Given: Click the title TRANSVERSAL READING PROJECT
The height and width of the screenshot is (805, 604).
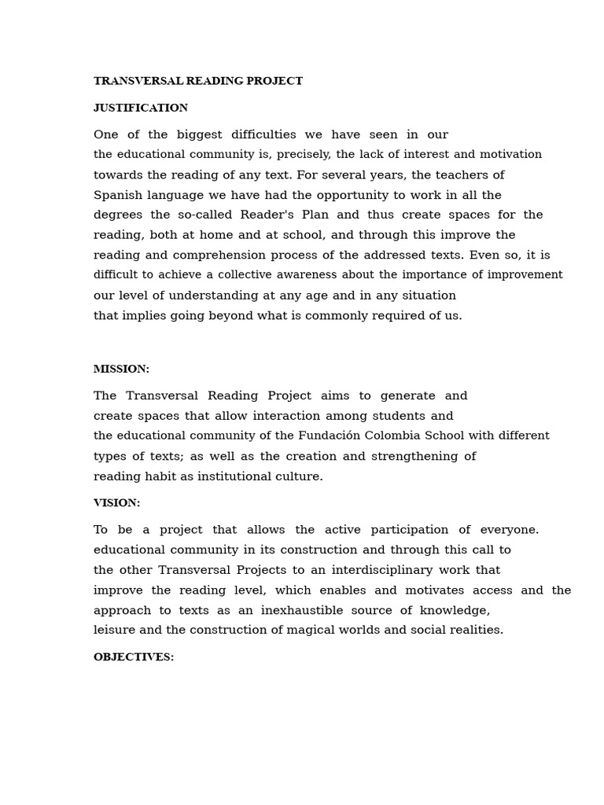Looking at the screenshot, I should pos(198,81).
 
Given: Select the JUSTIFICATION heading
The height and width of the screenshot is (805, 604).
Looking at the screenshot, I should pos(141,108).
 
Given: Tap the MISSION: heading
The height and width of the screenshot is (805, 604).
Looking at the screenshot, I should pos(121,369).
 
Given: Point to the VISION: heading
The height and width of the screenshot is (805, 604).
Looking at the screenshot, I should pos(116,502).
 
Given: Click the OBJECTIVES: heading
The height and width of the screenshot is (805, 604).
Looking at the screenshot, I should pos(134,656).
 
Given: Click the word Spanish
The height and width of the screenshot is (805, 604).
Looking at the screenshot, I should pos(116,195).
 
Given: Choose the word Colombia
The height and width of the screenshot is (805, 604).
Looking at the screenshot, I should pos(387,436).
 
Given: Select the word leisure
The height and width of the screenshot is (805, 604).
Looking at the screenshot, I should pos(114,630).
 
